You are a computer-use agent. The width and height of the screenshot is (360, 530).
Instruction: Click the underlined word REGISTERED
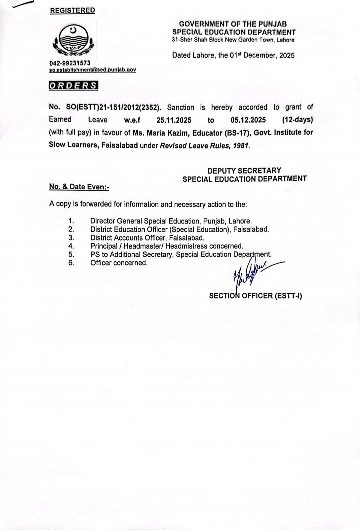click(72, 10)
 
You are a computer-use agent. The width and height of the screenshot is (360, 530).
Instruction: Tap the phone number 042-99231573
click(70, 63)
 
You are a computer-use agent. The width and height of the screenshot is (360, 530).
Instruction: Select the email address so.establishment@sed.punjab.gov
click(92, 70)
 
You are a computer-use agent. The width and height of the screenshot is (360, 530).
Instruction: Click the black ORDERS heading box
click(73, 85)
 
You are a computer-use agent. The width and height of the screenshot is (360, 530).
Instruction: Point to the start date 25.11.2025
click(174, 120)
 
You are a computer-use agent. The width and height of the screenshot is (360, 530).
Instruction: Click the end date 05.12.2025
click(248, 120)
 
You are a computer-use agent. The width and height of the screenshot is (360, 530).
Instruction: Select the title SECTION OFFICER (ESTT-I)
click(255, 296)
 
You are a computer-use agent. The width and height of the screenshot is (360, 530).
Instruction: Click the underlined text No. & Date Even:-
click(79, 187)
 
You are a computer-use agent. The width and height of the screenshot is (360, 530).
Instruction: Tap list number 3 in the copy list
click(71, 237)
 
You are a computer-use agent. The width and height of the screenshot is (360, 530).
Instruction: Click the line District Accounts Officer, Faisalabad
click(147, 237)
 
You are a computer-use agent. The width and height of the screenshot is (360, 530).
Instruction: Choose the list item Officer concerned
click(119, 262)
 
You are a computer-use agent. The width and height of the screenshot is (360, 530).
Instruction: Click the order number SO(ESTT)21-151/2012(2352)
click(113, 107)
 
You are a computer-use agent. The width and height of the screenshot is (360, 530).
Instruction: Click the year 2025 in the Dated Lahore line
click(287, 55)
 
